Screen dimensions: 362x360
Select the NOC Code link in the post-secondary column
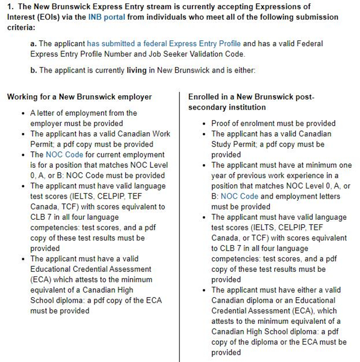[239, 196]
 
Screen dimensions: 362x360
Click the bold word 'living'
[137, 70]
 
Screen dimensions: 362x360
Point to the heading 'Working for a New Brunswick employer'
[80, 97]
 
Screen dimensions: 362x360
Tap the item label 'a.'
[34, 44]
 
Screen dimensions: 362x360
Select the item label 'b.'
[34, 70]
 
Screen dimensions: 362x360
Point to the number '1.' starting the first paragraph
[10, 7]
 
